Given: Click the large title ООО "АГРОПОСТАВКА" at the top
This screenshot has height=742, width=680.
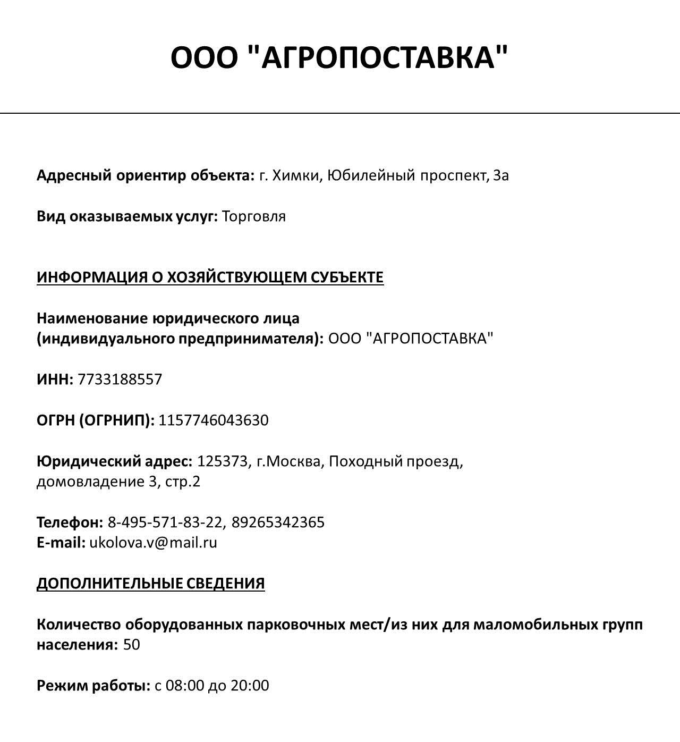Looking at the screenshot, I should click(x=339, y=57).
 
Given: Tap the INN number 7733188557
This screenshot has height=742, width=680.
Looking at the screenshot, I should click(x=120, y=380).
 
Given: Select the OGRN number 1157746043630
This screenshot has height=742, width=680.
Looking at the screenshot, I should click(x=214, y=420).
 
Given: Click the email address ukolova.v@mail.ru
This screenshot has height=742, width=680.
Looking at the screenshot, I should click(x=153, y=543).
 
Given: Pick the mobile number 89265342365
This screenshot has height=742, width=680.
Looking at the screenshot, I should click(x=278, y=522).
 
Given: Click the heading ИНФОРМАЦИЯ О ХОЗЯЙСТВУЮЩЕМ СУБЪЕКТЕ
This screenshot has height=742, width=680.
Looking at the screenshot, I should click(x=210, y=277).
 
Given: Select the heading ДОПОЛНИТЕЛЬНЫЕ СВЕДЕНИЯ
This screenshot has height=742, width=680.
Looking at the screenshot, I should click(x=150, y=584).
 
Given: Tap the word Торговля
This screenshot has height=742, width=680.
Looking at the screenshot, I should click(x=253, y=216).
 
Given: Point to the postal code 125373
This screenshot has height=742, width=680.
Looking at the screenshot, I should click(x=222, y=461).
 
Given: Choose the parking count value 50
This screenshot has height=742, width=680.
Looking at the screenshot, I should click(x=132, y=645).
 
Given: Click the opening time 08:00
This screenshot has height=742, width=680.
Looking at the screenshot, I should click(x=185, y=686).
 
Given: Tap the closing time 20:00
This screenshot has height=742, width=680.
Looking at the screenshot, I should click(x=250, y=686).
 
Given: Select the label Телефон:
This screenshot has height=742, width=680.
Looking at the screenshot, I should click(x=70, y=522).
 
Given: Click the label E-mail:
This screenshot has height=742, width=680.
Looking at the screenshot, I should click(x=61, y=543).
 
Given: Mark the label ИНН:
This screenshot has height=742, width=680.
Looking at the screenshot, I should click(x=55, y=380).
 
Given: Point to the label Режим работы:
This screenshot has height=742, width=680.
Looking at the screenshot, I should click(x=93, y=686).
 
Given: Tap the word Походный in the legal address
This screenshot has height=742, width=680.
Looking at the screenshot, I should click(x=365, y=461).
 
